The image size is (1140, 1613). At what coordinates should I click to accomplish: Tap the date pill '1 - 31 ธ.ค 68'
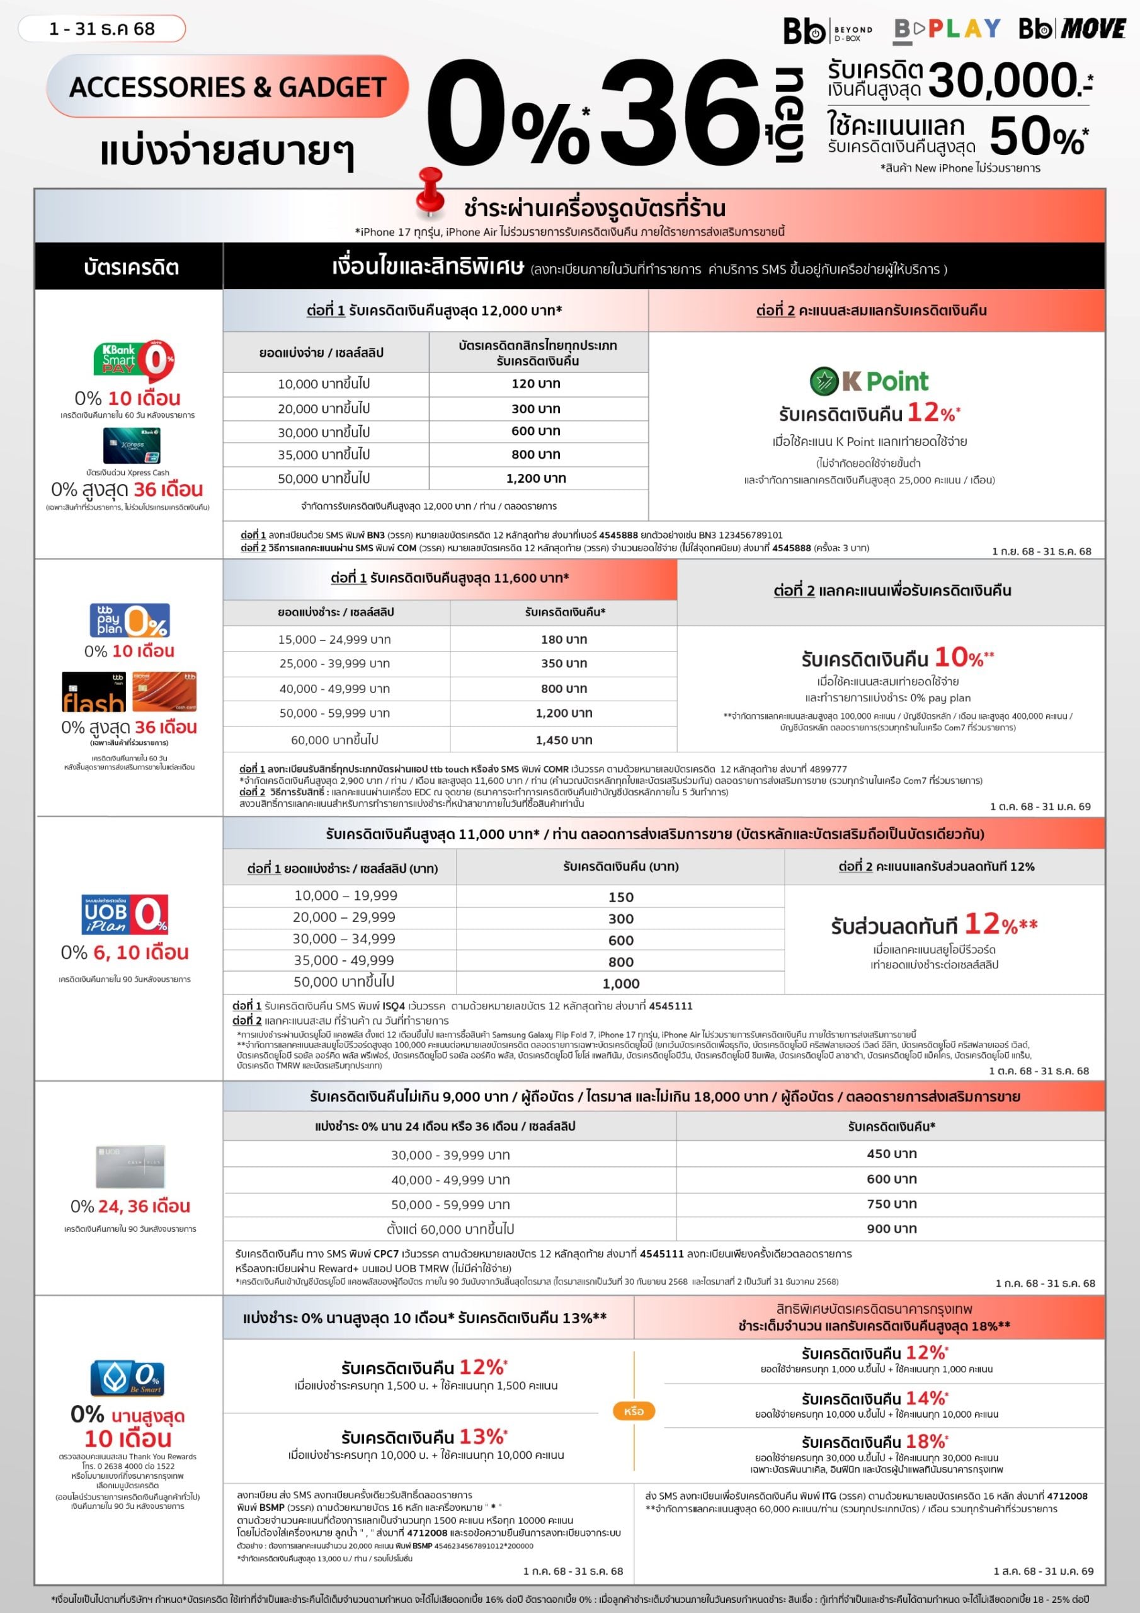[102, 29]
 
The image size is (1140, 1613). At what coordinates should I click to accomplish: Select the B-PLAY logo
[947, 29]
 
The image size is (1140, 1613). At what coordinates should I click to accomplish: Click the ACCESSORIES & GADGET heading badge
[227, 86]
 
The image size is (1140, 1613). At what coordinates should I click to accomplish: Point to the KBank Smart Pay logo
[134, 360]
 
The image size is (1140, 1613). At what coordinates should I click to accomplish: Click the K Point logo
[869, 381]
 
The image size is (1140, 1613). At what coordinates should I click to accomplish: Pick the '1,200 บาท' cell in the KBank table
[536, 478]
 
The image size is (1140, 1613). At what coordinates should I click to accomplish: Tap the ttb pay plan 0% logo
[129, 619]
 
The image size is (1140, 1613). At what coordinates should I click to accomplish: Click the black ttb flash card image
[94, 692]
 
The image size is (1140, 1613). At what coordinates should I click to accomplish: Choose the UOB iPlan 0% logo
[125, 914]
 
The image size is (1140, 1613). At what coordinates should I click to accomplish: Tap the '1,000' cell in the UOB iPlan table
[620, 984]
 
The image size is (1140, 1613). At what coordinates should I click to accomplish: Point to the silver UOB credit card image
[130, 1166]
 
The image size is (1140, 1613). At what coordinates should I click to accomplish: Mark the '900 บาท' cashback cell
[891, 1228]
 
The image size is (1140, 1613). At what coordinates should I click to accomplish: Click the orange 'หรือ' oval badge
[633, 1411]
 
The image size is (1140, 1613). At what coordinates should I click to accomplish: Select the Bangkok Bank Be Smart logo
[127, 1377]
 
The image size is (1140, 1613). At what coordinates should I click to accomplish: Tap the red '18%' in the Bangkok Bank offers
[926, 1442]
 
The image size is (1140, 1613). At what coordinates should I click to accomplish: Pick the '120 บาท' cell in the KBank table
[536, 384]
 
